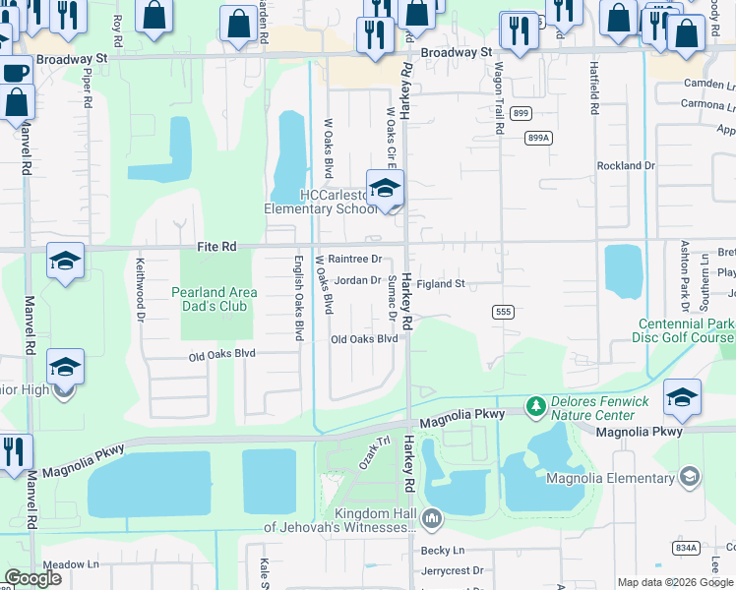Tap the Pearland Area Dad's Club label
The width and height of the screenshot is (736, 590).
215,299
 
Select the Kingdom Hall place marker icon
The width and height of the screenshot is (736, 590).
431,517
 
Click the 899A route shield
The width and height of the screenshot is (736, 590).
537,138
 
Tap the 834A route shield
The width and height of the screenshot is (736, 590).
687,547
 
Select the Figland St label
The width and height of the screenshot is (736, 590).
440,284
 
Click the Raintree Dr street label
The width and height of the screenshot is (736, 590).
354,259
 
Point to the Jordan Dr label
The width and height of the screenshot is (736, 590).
357,280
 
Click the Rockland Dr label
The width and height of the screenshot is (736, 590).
625,166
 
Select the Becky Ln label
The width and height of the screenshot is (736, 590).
442,551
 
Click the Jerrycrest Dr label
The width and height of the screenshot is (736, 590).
452,569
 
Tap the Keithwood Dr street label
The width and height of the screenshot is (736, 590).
140,290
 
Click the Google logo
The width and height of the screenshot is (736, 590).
33,577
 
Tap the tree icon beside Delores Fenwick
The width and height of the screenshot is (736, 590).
535,405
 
